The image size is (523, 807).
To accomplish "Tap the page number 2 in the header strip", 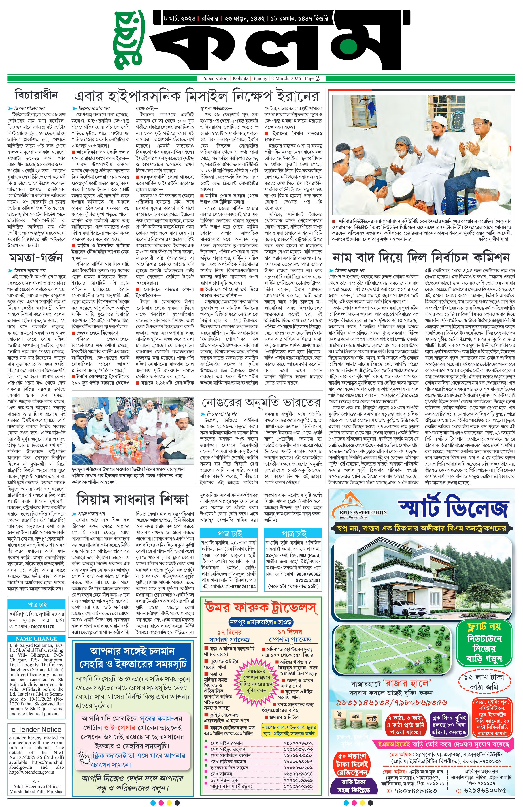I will tap(318, 78).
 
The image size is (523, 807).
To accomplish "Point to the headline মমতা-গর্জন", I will tap(36, 258).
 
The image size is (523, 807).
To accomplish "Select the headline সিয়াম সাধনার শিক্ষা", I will tap(132, 499).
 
